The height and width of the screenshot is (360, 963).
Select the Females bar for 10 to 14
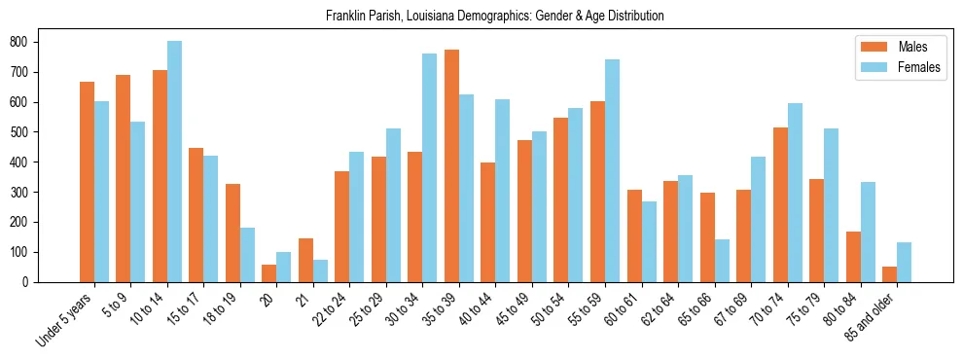174,162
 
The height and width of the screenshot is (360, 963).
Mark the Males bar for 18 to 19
232,233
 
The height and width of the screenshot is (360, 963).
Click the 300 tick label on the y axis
21,193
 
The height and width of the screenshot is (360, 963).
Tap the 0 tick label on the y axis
28,282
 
